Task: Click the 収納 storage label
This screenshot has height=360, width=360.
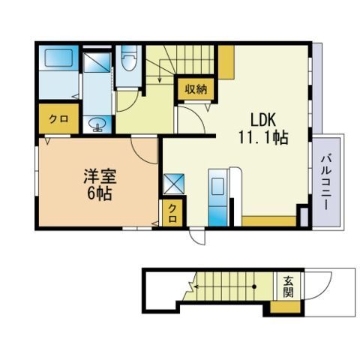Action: coord(196,89)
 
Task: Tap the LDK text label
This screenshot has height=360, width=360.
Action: coord(263,120)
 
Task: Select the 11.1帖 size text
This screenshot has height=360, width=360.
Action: coord(263,137)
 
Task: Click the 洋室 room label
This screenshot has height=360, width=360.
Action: coord(100,177)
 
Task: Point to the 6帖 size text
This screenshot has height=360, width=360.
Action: coord(99,193)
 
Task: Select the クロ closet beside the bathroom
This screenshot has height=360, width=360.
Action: coord(58,119)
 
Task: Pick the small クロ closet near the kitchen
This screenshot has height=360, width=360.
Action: coord(172,213)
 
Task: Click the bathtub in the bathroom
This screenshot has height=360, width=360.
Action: coord(59,58)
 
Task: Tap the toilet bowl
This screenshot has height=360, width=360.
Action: coord(129,59)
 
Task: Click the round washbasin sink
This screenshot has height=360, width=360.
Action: coord(97,124)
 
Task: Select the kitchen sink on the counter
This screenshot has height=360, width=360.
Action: coord(217,187)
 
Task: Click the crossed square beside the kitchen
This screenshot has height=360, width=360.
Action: coord(174,184)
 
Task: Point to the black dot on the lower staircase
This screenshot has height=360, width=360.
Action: coord(254,286)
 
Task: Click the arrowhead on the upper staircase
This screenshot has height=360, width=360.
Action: coord(160,80)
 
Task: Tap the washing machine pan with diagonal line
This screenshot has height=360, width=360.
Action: coord(97,62)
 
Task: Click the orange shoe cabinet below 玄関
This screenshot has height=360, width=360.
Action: coord(285,307)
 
